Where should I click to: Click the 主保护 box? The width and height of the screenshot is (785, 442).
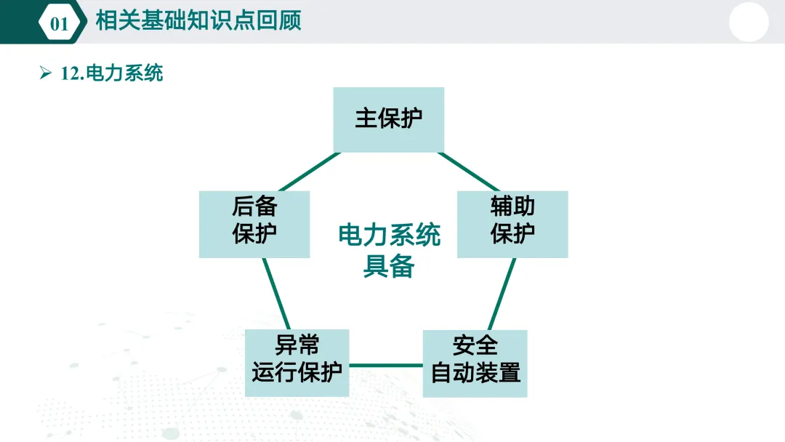click(389, 119)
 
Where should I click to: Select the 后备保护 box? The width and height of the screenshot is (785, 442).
click(254, 224)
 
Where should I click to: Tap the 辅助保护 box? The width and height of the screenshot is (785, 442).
click(512, 224)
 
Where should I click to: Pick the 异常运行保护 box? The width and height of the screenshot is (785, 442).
click(297, 362)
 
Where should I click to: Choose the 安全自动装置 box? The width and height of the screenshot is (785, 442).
click(475, 363)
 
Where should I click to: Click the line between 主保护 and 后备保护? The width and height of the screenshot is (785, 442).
click(308, 172)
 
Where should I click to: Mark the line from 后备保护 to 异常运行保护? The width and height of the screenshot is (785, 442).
click(277, 294)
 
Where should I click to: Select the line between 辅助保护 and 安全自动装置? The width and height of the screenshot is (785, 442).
click(502, 294)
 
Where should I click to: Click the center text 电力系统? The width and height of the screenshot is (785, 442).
click(390, 236)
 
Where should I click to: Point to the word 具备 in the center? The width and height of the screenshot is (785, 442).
click(389, 267)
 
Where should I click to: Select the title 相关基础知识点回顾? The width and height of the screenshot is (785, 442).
click(198, 20)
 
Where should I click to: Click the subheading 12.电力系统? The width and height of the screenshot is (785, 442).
click(112, 73)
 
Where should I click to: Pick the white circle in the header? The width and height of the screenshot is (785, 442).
click(749, 22)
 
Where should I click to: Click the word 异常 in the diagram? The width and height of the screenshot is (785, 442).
click(297, 345)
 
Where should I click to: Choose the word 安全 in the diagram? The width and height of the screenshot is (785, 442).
click(475, 345)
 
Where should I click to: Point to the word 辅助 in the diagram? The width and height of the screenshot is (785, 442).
click(512, 206)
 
